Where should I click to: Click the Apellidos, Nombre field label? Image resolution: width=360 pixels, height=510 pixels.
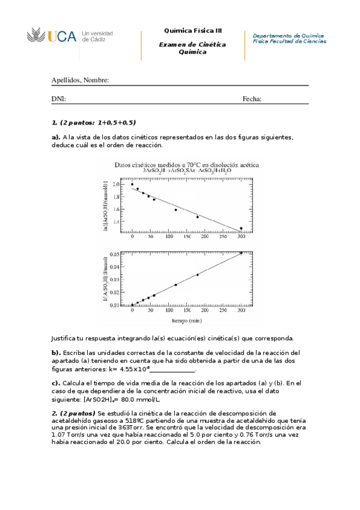(x=80, y=80)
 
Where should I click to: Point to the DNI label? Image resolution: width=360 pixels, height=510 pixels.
(x=58, y=99)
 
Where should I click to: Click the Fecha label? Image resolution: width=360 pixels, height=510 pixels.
(x=252, y=99)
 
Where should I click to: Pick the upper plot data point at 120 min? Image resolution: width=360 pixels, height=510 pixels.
(x=175, y=210)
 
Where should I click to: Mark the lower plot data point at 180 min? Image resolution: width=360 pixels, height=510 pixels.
(x=197, y=275)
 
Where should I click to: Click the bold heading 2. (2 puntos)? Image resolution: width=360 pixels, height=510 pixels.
(x=73, y=413)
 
